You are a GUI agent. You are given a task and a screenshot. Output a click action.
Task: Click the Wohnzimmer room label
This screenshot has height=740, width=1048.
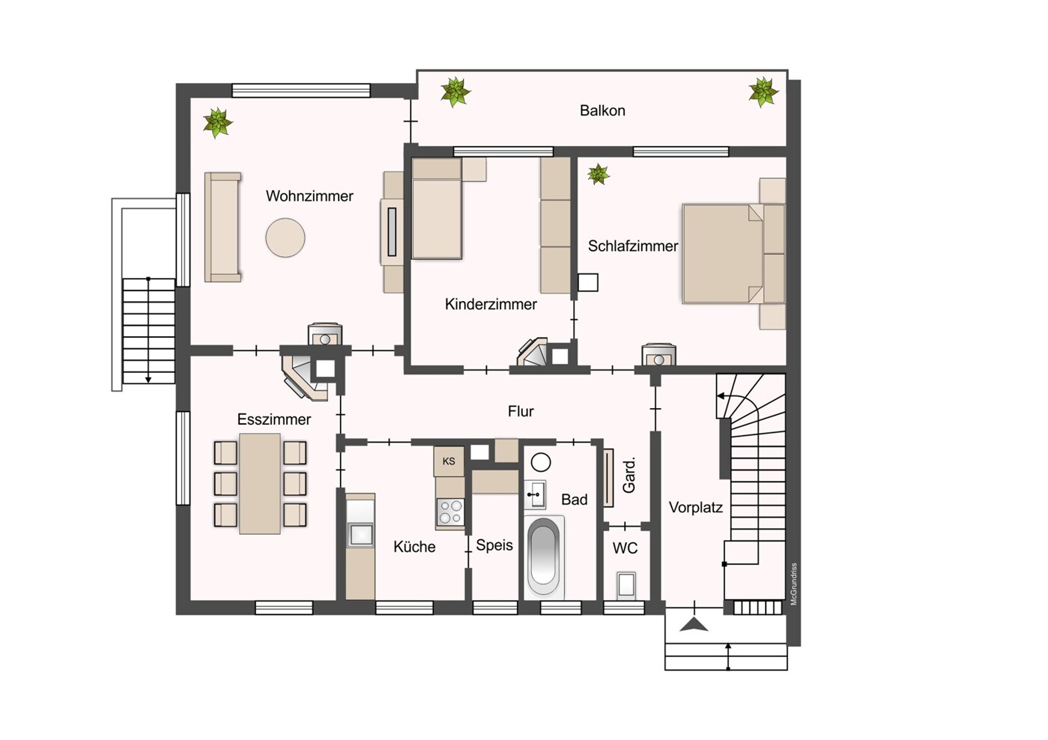309,196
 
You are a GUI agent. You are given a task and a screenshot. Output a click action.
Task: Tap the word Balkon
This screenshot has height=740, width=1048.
602,110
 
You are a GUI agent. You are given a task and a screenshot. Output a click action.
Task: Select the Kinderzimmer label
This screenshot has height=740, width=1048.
491,304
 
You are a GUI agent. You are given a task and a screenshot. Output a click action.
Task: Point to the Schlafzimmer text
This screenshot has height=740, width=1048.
632,246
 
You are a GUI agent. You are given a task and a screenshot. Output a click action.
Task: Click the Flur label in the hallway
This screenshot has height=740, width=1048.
521,411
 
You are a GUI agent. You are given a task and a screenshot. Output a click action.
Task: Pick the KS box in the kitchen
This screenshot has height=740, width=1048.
449,461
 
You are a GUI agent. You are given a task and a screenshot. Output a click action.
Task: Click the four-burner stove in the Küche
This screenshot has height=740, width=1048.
450,512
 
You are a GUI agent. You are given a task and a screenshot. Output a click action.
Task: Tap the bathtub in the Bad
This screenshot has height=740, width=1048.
544,557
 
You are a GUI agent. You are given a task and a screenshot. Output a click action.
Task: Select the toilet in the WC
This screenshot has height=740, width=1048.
626,585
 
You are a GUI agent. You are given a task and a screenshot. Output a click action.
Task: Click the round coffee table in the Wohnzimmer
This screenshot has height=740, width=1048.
285,237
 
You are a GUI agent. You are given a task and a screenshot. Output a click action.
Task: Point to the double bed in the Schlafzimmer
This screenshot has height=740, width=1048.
733,253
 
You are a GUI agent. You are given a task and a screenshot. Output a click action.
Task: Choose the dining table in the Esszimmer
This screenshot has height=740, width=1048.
260,484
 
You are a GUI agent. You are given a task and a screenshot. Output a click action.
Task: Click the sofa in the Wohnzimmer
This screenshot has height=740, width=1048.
222,228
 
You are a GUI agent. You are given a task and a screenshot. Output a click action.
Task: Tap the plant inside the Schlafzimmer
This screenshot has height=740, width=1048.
599,175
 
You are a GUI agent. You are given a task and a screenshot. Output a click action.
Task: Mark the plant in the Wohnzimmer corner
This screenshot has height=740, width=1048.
217,123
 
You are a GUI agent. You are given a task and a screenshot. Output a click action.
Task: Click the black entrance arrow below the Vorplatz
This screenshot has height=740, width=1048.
694,625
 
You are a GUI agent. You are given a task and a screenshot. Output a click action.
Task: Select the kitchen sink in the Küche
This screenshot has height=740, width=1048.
361,535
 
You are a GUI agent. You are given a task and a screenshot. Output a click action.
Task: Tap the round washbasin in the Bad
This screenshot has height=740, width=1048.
542,463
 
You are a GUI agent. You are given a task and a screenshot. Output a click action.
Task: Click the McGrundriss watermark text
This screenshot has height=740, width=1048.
793,583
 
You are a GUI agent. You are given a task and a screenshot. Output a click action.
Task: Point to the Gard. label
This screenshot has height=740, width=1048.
629,476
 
